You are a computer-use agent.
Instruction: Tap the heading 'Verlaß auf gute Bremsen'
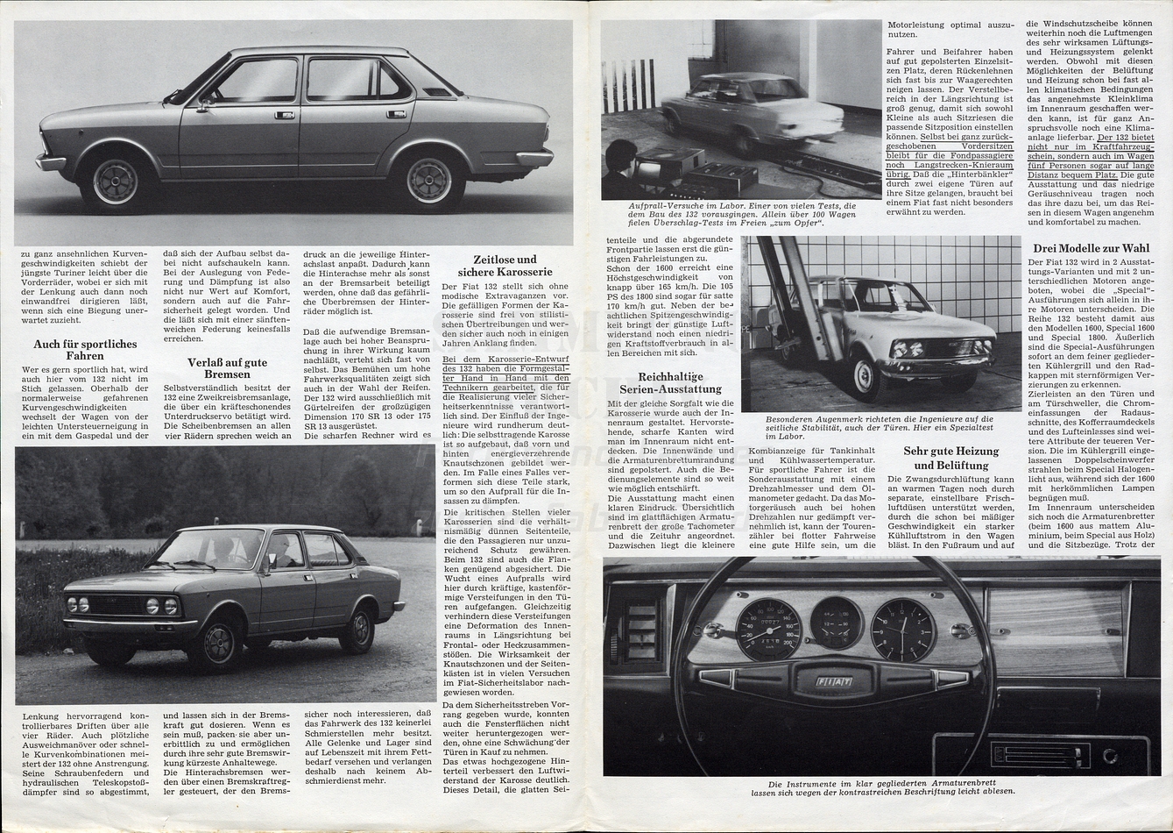point(227,368)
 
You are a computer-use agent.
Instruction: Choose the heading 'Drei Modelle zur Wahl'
point(1091,248)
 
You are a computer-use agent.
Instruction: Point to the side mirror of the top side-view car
point(204,103)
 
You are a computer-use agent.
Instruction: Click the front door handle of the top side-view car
point(284,115)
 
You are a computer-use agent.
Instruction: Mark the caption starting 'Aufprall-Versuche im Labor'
point(741,214)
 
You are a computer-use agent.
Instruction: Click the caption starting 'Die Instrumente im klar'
point(881,787)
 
